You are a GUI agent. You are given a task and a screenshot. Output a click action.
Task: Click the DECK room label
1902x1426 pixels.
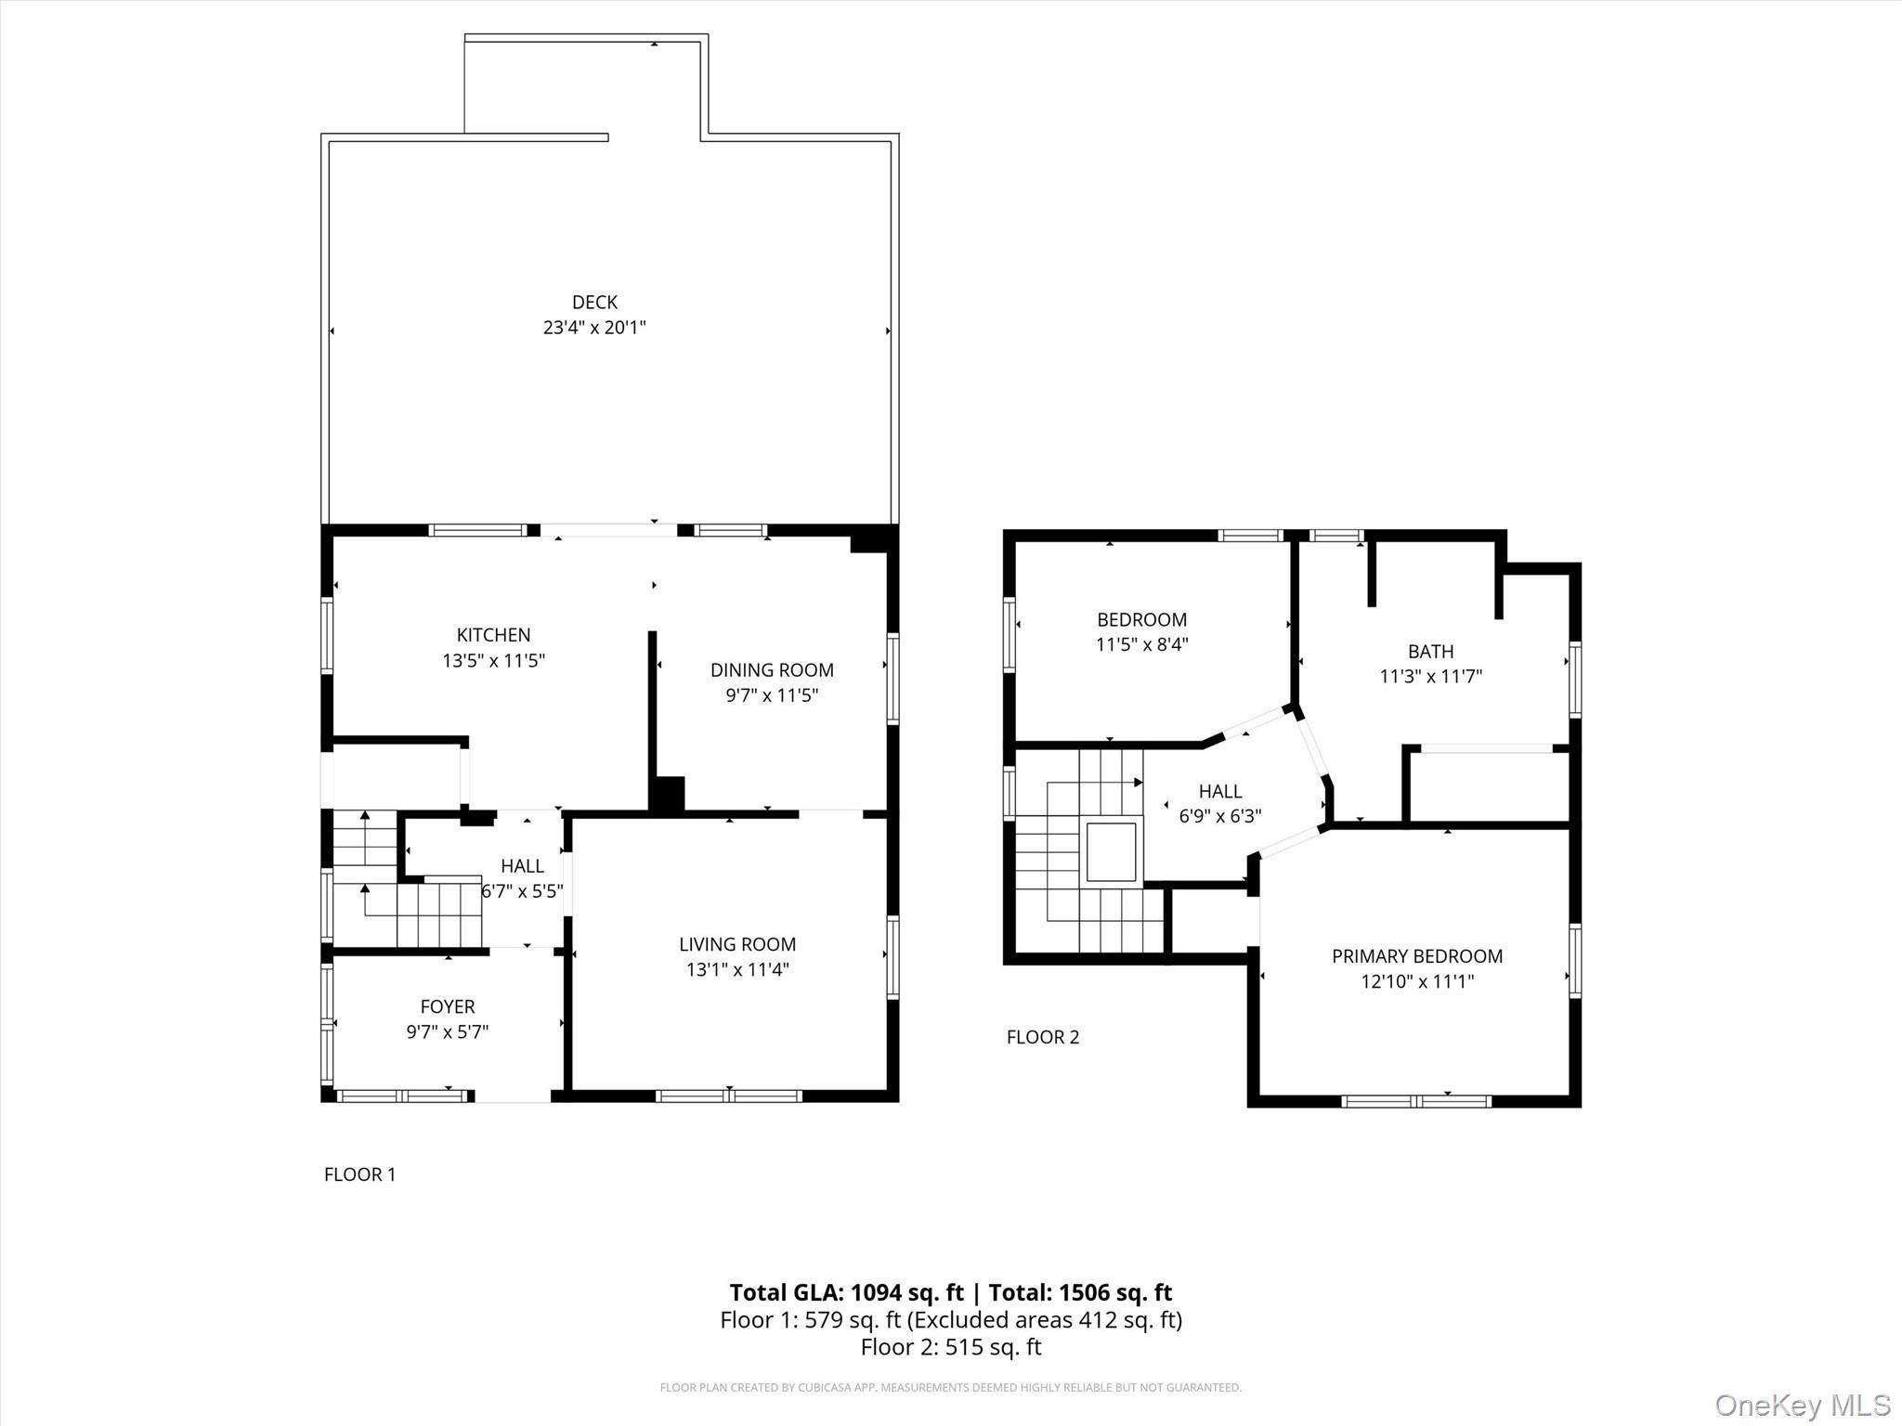(x=594, y=302)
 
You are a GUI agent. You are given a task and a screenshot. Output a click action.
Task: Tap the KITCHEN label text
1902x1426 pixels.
(x=493, y=635)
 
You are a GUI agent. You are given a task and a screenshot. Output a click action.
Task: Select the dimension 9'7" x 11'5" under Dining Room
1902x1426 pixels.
(x=772, y=695)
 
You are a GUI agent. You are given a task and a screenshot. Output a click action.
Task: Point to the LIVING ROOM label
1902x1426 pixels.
(x=736, y=944)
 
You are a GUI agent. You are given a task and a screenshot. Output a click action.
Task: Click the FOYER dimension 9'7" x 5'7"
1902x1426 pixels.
(x=447, y=1031)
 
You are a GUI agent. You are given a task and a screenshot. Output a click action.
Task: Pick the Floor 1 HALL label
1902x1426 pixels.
(x=522, y=866)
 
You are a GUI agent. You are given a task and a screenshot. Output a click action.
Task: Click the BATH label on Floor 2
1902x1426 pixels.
(x=1430, y=652)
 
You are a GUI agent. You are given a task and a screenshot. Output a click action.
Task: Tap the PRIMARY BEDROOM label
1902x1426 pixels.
(x=1416, y=956)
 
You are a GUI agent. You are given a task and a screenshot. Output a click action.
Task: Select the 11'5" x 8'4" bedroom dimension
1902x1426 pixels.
(x=1141, y=644)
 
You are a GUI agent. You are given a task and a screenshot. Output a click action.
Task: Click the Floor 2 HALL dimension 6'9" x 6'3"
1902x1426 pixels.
(x=1219, y=817)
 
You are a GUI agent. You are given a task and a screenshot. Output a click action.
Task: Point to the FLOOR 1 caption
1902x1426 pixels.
(x=359, y=1174)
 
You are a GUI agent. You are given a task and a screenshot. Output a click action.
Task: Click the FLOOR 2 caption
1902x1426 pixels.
(x=1042, y=1037)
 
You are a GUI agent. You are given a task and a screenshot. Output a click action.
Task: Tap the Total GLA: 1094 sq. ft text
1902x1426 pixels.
(x=846, y=1292)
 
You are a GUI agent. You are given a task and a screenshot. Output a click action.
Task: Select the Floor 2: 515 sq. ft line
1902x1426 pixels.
(x=950, y=1347)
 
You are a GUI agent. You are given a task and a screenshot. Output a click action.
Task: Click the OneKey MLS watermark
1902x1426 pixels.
(x=1802, y=1405)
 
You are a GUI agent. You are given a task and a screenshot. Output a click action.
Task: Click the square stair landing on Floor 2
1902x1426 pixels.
(x=1112, y=851)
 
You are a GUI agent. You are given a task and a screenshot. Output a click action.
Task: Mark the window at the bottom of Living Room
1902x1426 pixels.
(x=729, y=1096)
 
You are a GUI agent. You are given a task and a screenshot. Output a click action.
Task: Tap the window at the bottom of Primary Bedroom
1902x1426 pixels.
(x=1416, y=1101)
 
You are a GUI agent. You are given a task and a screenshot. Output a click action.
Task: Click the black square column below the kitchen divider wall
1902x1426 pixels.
(x=668, y=795)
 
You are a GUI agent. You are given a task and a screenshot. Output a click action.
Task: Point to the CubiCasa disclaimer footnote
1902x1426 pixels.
(x=950, y=1387)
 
